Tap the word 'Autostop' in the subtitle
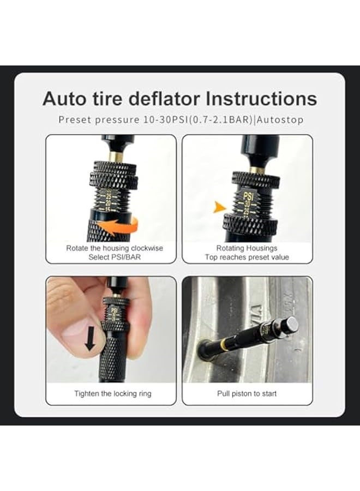click(x=281, y=120)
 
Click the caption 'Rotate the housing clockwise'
click(x=115, y=248)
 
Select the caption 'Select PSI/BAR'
click(x=115, y=257)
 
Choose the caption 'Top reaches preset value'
click(x=247, y=257)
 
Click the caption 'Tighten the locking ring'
click(x=113, y=393)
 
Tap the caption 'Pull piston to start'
click(x=247, y=393)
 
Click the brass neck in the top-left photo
click(x=115, y=157)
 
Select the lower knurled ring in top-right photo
click(x=248, y=223)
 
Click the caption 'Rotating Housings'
click(x=247, y=248)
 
